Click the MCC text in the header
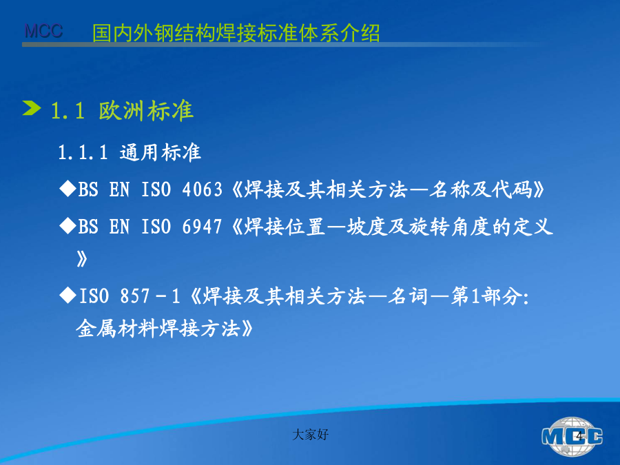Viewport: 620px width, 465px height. tap(43, 31)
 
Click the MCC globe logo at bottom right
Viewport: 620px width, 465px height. tap(572, 437)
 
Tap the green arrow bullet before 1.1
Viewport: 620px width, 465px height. tap(32, 108)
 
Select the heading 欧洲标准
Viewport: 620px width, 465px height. tap(146, 110)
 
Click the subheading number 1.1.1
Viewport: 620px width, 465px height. tap(83, 153)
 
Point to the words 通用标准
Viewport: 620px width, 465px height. tap(160, 153)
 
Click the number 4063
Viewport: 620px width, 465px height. tap(202, 189)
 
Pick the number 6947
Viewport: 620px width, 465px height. tap(202, 227)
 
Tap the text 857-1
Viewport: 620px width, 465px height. tap(150, 296)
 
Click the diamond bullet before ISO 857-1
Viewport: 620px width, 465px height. tap(68, 295)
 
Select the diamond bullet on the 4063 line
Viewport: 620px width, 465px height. tap(68, 189)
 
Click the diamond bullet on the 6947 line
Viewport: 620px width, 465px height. tap(68, 226)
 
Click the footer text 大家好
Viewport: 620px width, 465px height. tap(311, 435)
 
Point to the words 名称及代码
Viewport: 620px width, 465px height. tap(480, 189)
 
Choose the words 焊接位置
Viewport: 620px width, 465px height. tap(285, 227)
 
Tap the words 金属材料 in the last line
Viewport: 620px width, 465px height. tap(116, 328)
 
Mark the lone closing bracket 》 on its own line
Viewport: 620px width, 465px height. tap(82, 259)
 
